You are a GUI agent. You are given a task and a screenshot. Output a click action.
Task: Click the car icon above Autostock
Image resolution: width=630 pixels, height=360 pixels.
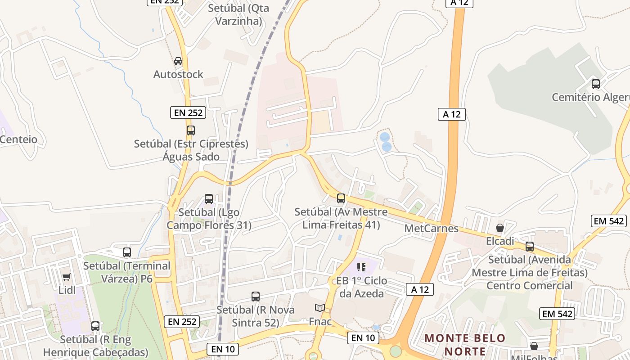pyautogui.click(x=178, y=61)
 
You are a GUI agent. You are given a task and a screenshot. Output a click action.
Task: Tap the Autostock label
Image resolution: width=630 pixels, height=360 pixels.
pyautogui.click(x=178, y=74)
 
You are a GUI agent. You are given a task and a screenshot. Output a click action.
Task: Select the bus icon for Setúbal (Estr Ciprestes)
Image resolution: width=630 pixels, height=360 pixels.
pyautogui.click(x=191, y=130)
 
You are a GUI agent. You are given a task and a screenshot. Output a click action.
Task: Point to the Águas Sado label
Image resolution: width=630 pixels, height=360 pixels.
pyautogui.click(x=191, y=157)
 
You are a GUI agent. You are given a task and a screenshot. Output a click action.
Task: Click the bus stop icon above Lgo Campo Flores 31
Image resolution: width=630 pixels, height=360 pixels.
pyautogui.click(x=209, y=198)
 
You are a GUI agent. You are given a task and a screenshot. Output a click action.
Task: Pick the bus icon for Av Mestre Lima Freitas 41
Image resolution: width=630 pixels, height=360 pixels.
pyautogui.click(x=341, y=198)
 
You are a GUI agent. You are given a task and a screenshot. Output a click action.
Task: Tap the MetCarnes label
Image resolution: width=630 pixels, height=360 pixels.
pyautogui.click(x=431, y=228)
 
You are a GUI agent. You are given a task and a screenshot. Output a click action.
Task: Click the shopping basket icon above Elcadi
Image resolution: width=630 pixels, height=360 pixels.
pyautogui.click(x=499, y=228)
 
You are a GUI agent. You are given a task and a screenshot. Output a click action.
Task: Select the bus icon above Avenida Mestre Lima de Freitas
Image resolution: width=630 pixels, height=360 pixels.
pyautogui.click(x=530, y=246)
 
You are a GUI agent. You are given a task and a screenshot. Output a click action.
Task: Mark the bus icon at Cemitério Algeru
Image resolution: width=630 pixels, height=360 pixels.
pyautogui.click(x=596, y=84)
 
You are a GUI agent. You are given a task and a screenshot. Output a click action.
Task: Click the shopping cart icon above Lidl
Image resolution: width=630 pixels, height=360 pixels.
pyautogui.click(x=67, y=277)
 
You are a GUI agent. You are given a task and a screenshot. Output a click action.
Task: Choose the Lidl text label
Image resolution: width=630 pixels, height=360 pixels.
pyautogui.click(x=67, y=290)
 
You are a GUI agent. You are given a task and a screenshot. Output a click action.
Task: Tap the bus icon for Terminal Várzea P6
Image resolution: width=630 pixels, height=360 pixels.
pyautogui.click(x=127, y=252)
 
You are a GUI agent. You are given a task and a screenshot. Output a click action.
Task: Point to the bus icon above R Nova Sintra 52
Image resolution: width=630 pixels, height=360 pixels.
pyautogui.click(x=256, y=297)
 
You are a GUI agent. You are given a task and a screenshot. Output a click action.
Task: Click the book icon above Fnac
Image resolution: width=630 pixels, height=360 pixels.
pyautogui.click(x=320, y=308)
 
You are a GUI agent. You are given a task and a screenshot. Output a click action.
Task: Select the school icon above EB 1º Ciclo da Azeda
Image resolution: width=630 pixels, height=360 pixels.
pyautogui.click(x=361, y=267)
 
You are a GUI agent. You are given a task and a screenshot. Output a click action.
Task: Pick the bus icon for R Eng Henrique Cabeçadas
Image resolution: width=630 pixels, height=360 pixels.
pyautogui.click(x=95, y=326)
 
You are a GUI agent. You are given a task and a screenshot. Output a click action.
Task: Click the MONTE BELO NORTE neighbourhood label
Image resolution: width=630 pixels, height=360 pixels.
pyautogui.click(x=465, y=344)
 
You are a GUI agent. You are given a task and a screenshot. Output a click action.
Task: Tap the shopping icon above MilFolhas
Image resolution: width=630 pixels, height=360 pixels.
pyautogui.click(x=534, y=346)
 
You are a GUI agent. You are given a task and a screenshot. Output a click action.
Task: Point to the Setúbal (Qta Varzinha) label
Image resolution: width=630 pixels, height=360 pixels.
pyautogui.click(x=238, y=14)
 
